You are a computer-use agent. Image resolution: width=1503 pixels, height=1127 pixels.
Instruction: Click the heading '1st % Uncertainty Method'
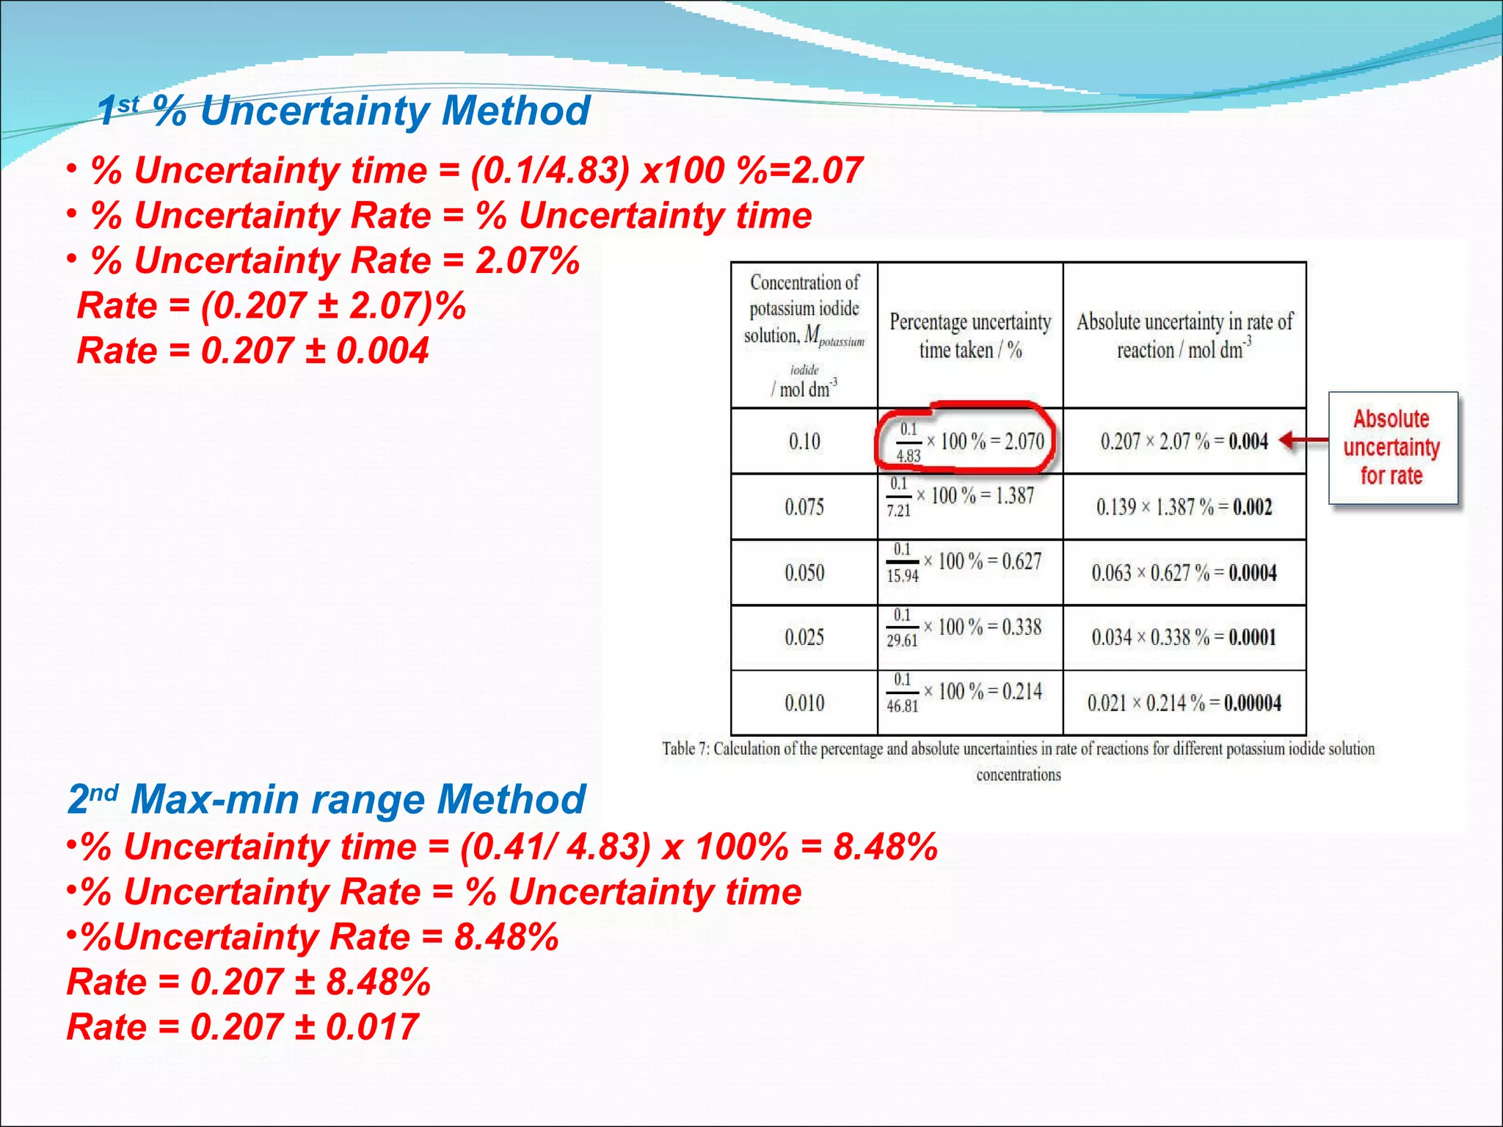pyautogui.click(x=343, y=111)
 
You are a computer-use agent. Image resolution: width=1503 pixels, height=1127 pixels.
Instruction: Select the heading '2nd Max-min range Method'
pyautogui.click(x=326, y=799)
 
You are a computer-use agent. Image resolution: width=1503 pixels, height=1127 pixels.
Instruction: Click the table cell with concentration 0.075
pyautogui.click(x=804, y=507)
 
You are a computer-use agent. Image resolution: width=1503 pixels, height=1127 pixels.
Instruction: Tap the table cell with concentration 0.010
pyautogui.click(x=804, y=703)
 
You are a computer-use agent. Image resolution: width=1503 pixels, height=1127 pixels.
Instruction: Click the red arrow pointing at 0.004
pyautogui.click(x=1303, y=440)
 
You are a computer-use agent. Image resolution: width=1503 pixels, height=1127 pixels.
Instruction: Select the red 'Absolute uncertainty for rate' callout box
pyautogui.click(x=1392, y=448)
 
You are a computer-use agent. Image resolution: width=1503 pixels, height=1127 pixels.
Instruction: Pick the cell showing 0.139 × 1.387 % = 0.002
pyautogui.click(x=1184, y=507)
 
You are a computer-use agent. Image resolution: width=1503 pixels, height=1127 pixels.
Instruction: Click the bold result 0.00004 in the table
pyautogui.click(x=1252, y=703)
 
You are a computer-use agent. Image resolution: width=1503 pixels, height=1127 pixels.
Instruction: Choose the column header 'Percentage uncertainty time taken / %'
pyautogui.click(x=969, y=335)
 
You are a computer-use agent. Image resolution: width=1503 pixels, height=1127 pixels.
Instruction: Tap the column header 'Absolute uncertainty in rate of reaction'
pyautogui.click(x=1184, y=335)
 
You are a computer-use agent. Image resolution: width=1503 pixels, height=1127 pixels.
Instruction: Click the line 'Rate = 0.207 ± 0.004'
pyautogui.click(x=252, y=351)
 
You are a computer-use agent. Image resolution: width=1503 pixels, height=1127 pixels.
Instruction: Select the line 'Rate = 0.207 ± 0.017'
pyautogui.click(x=242, y=1026)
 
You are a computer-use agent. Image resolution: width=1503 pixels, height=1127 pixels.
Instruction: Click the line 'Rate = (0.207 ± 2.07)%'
pyautogui.click(x=271, y=306)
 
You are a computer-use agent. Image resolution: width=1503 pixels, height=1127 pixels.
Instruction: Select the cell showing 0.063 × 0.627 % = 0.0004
pyautogui.click(x=1184, y=573)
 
